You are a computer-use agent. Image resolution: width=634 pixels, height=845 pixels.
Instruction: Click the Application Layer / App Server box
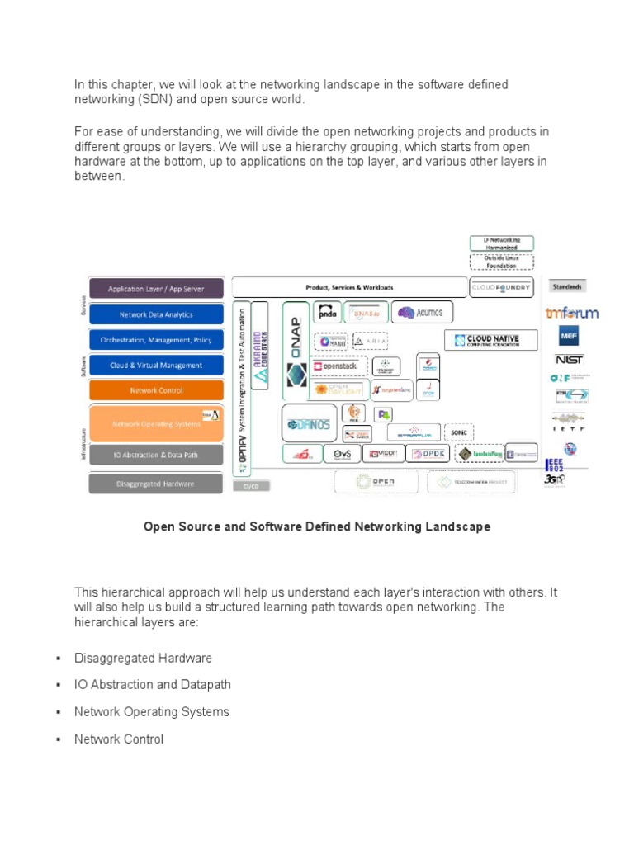(156, 289)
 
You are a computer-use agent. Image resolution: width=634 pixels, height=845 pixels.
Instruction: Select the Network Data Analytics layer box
(156, 314)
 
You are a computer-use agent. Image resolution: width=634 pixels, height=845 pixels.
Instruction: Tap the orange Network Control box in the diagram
(156, 390)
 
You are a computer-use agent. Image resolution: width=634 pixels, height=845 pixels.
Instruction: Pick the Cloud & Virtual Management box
(156, 365)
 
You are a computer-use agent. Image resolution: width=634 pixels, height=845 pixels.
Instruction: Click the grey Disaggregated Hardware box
(156, 484)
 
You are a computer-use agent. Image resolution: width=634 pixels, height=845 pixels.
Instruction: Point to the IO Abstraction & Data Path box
(156, 455)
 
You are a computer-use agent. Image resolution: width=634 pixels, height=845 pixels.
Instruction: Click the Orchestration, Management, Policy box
(156, 339)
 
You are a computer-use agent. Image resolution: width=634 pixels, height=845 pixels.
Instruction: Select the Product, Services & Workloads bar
(349, 287)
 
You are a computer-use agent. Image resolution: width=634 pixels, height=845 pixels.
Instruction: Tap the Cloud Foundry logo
(502, 288)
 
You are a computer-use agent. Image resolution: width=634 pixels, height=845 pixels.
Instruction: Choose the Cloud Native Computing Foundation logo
(491, 339)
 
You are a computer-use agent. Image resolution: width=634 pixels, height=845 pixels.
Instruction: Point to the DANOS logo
(309, 424)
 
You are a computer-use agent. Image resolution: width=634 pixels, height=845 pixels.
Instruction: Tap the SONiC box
(457, 432)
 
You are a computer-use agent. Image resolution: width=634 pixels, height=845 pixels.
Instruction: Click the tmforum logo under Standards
(571, 313)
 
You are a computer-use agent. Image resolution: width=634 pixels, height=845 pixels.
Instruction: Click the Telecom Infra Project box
(472, 482)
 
